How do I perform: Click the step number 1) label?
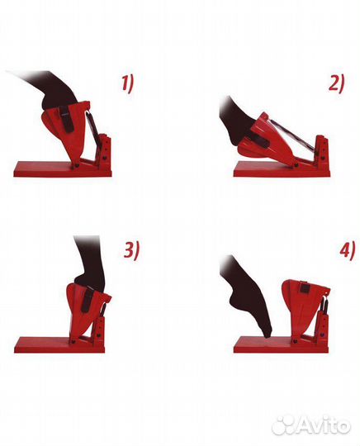click(128, 84)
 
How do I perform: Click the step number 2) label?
click(337, 83)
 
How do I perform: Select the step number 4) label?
click(347, 249)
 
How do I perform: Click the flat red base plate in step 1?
click(63, 169)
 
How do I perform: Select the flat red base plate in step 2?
click(282, 169)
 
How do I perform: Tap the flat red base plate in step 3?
click(59, 345)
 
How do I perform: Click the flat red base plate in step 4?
click(281, 344)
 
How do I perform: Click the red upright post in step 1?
click(106, 151)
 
